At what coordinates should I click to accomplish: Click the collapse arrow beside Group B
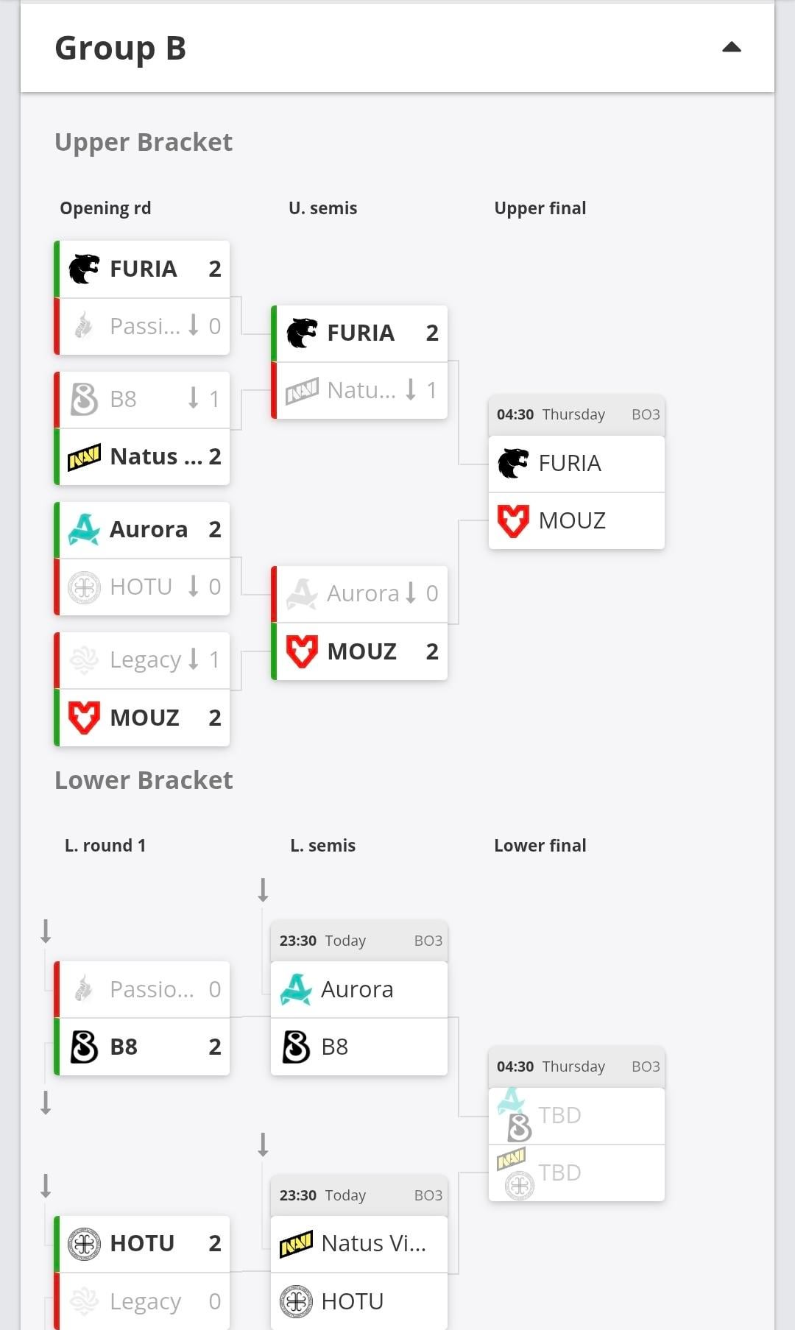pos(731,48)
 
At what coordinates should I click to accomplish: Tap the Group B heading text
pos(120,49)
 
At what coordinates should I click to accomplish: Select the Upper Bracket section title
pos(144,142)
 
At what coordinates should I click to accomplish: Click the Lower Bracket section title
pos(144,780)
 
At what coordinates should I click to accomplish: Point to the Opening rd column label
pos(105,208)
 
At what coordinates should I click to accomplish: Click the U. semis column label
pos(322,208)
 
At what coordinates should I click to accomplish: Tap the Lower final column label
pos(540,846)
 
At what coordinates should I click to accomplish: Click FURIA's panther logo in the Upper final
pos(513,464)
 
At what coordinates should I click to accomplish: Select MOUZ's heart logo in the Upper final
pos(513,521)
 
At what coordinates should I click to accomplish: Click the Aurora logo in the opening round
pos(84,530)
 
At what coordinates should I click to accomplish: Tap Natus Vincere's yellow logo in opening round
pos(84,457)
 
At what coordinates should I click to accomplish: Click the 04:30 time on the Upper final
pos(515,414)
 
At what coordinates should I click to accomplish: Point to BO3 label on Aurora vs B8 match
pos(428,941)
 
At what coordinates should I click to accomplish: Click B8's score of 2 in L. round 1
pos(214,1047)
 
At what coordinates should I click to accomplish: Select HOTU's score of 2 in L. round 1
pos(214,1243)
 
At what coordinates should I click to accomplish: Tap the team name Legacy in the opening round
pos(145,659)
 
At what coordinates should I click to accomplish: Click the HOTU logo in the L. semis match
pos(296,1301)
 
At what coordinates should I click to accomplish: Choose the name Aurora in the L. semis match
pos(357,989)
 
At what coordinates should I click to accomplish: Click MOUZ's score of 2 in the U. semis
pos(432,651)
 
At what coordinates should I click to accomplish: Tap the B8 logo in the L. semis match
pos(296,1047)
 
